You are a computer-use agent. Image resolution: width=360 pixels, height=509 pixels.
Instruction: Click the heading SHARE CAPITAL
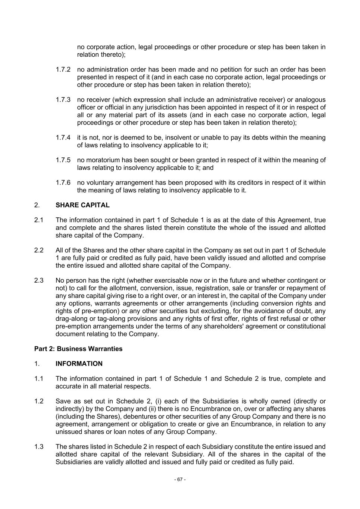coord(82,205)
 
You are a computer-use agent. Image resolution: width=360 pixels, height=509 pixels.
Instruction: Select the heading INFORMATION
coord(79,364)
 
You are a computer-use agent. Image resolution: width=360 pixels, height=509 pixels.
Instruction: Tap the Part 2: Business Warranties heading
coord(78,349)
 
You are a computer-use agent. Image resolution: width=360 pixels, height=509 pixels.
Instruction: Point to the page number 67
coord(180,479)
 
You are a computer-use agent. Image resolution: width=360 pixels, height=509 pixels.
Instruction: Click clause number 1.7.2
coord(63,70)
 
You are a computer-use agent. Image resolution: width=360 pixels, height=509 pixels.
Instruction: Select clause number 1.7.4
coord(63,138)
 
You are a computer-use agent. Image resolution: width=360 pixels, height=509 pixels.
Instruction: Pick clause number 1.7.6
coord(63,183)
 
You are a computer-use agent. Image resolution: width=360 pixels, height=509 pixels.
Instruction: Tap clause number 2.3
coord(39,280)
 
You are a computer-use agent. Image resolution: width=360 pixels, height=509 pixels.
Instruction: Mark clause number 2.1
coord(39,220)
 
